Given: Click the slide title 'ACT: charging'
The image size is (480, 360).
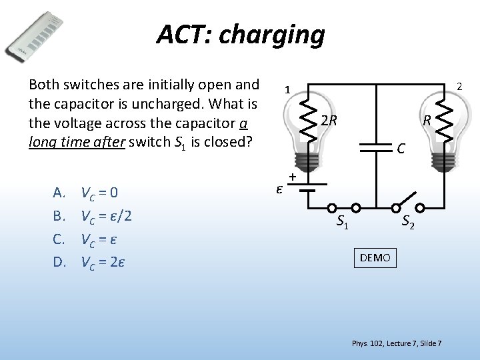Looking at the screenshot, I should coord(240,34).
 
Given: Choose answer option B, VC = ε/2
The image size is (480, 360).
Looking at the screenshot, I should coord(105,216).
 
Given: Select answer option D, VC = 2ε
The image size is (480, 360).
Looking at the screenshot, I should coord(103,261).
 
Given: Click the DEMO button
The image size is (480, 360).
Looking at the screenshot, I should coord(375,257).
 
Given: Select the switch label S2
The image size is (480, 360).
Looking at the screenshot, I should coord(408,222).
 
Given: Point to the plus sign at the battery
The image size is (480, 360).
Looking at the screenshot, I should coord(292,177).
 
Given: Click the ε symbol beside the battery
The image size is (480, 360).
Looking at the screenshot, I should coord(280,189).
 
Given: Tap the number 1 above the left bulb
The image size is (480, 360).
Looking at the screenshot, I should coord(286,89).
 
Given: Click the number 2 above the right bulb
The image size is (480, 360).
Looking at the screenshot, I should coord(459,85).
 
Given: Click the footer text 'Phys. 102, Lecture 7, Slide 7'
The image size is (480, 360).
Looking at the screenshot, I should coord(396,343).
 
